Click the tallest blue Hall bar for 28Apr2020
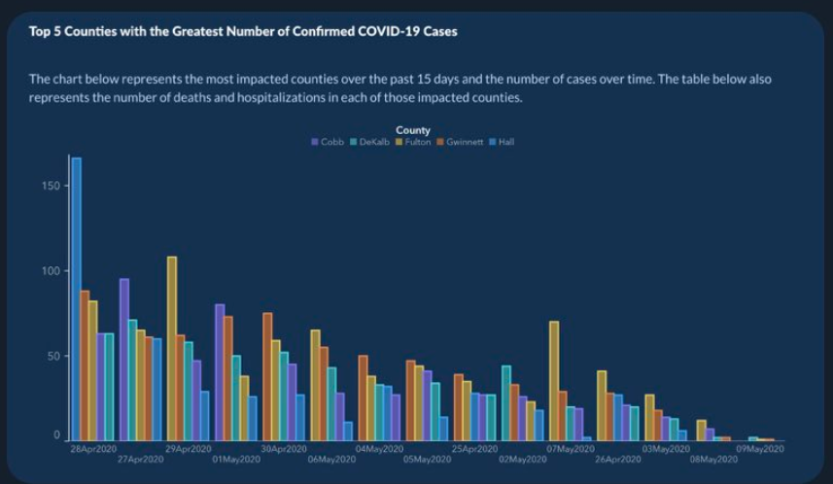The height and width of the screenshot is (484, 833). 77,299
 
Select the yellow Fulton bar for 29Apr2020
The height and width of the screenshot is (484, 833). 172,349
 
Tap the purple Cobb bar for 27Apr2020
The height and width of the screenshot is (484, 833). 124,360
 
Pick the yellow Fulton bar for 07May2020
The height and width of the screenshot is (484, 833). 554,381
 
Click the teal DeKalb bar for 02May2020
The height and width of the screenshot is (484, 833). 506,403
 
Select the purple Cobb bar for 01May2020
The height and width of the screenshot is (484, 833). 220,372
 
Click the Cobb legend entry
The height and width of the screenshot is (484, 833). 328,142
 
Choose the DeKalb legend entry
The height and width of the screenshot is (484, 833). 369,142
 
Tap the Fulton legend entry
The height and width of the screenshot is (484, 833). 413,142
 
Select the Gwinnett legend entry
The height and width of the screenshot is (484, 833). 460,142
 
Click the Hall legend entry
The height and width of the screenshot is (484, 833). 502,142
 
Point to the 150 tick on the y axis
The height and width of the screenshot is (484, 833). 51,186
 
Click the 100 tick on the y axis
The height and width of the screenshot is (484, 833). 51,271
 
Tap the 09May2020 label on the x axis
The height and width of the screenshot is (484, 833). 760,449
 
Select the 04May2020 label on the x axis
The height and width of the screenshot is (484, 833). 379,449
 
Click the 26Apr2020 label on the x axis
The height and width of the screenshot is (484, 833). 618,459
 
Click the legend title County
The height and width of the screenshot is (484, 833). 413,130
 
